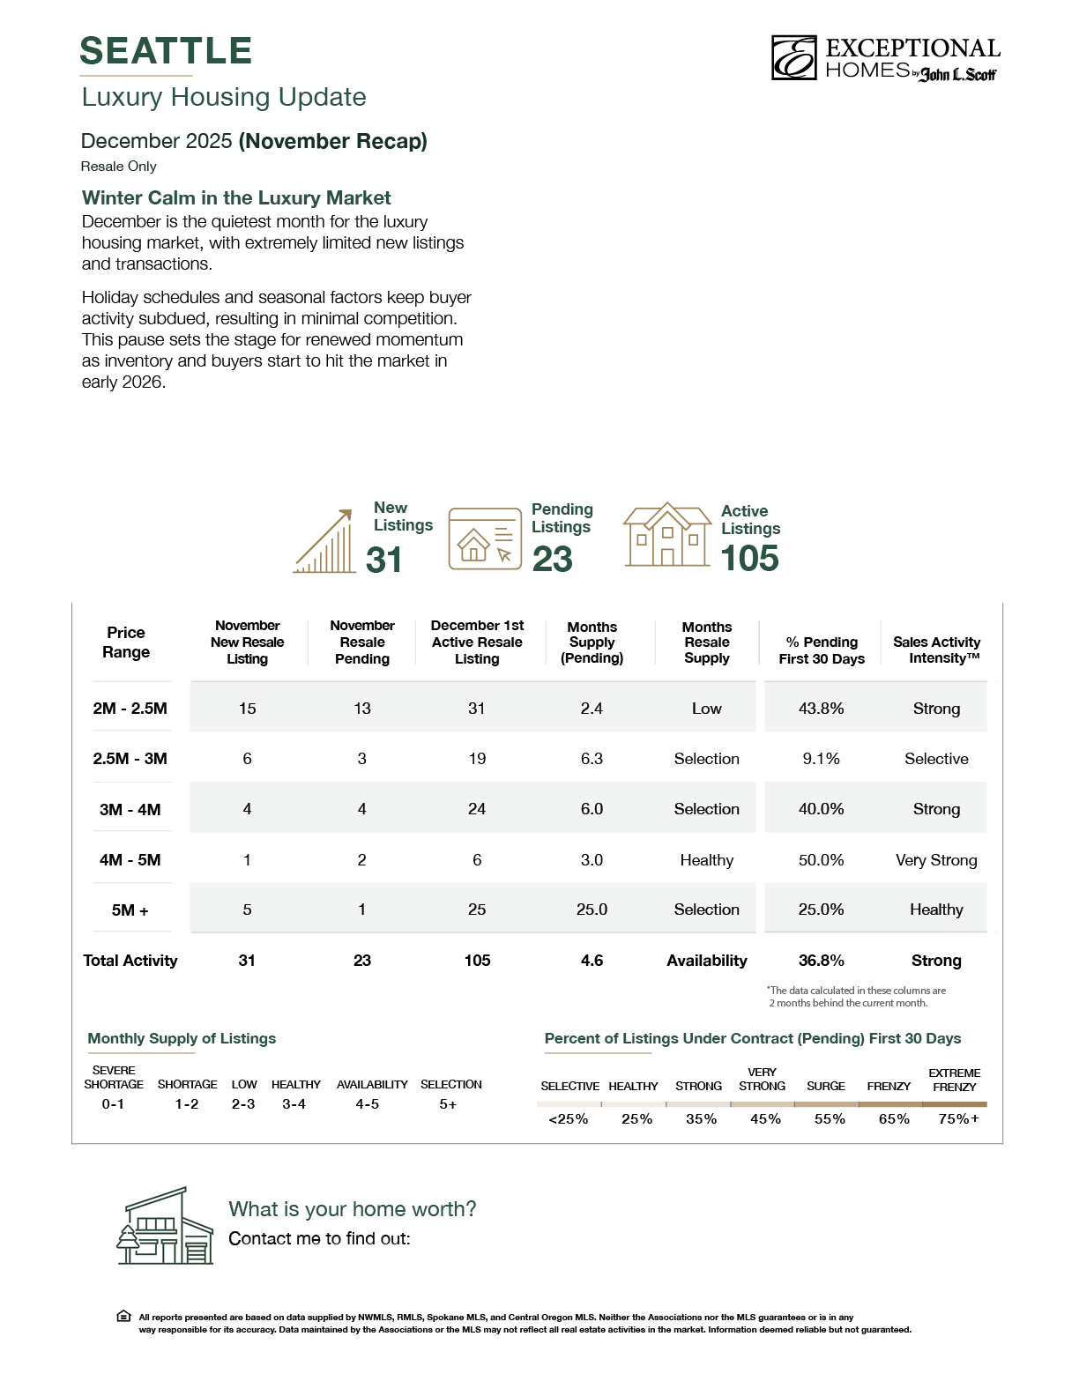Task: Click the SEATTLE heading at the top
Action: [166, 51]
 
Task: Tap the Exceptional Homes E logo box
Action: [793, 58]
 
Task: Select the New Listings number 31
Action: [384, 561]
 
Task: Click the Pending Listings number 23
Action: [553, 560]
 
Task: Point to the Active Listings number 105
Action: [750, 559]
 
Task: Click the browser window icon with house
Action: [485, 538]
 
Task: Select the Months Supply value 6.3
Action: [592, 759]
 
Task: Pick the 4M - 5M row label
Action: [130, 860]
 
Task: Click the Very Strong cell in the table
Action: [936, 860]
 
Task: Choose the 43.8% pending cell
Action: [821, 709]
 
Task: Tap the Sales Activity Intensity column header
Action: [936, 650]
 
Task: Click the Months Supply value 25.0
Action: [592, 910]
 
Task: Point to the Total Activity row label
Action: [130, 961]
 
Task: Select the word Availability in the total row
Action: [706, 961]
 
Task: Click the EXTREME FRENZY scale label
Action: [955, 1080]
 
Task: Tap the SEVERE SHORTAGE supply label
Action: [114, 1077]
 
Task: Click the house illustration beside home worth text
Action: [166, 1226]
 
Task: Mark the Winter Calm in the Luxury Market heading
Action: [236, 198]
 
